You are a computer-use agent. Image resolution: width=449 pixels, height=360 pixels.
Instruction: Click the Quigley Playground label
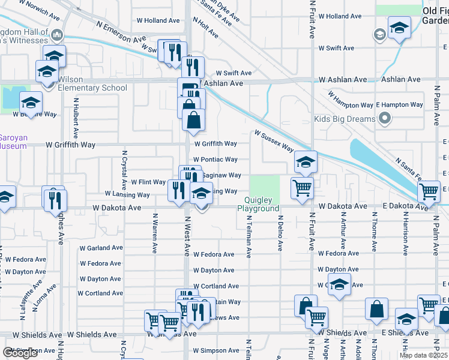pyautogui.click(x=258, y=204)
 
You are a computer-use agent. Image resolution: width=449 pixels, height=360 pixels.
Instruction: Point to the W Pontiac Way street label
pyautogui.click(x=215, y=160)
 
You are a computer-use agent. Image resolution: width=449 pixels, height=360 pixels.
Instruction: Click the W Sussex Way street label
pyautogui.click(x=274, y=141)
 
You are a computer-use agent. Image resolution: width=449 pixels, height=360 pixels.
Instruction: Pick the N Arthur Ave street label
pyautogui.click(x=343, y=235)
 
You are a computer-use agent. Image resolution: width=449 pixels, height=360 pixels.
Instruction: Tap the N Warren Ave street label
pyautogui.click(x=155, y=229)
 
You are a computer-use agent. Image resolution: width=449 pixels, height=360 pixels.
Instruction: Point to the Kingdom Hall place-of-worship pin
pyautogui.click(x=58, y=35)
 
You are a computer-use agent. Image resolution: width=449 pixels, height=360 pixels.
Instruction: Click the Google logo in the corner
pyautogui.click(x=20, y=353)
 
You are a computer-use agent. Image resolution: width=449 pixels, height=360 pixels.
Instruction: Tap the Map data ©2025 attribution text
pyautogui.click(x=423, y=355)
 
